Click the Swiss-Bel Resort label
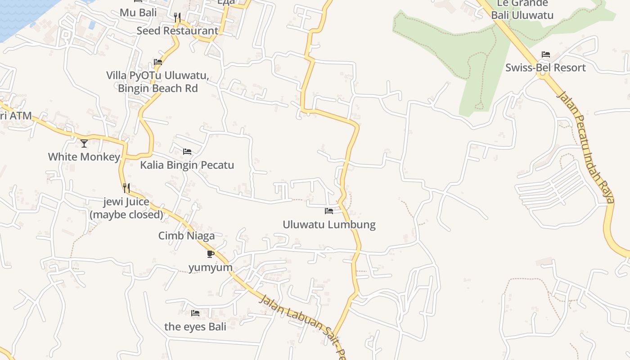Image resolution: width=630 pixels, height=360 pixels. point(545,67)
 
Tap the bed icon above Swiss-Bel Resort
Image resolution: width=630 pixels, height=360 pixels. point(546,54)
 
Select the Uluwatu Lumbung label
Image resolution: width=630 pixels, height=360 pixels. point(329,224)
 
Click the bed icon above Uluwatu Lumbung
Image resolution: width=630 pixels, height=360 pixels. point(329,211)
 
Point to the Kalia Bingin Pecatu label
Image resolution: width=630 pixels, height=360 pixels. point(187,165)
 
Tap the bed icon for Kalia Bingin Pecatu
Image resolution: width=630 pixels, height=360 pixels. point(187,152)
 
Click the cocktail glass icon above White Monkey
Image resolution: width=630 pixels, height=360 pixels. point(84,144)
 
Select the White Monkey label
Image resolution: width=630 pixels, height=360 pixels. point(84,157)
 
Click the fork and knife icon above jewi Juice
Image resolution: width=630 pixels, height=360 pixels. point(126,188)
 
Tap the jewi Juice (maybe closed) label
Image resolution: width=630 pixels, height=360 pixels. point(126,208)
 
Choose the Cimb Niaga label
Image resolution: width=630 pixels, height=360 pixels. point(186,235)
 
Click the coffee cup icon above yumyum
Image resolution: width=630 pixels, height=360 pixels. point(210,254)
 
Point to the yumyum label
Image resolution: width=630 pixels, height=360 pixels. point(210,267)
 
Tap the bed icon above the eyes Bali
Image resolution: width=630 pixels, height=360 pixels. point(195,313)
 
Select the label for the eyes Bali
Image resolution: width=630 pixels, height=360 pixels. point(195,326)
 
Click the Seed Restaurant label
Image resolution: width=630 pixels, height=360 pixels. point(177,31)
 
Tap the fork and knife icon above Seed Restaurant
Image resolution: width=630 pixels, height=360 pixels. point(177,18)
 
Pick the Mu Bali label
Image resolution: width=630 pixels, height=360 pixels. point(138,12)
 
